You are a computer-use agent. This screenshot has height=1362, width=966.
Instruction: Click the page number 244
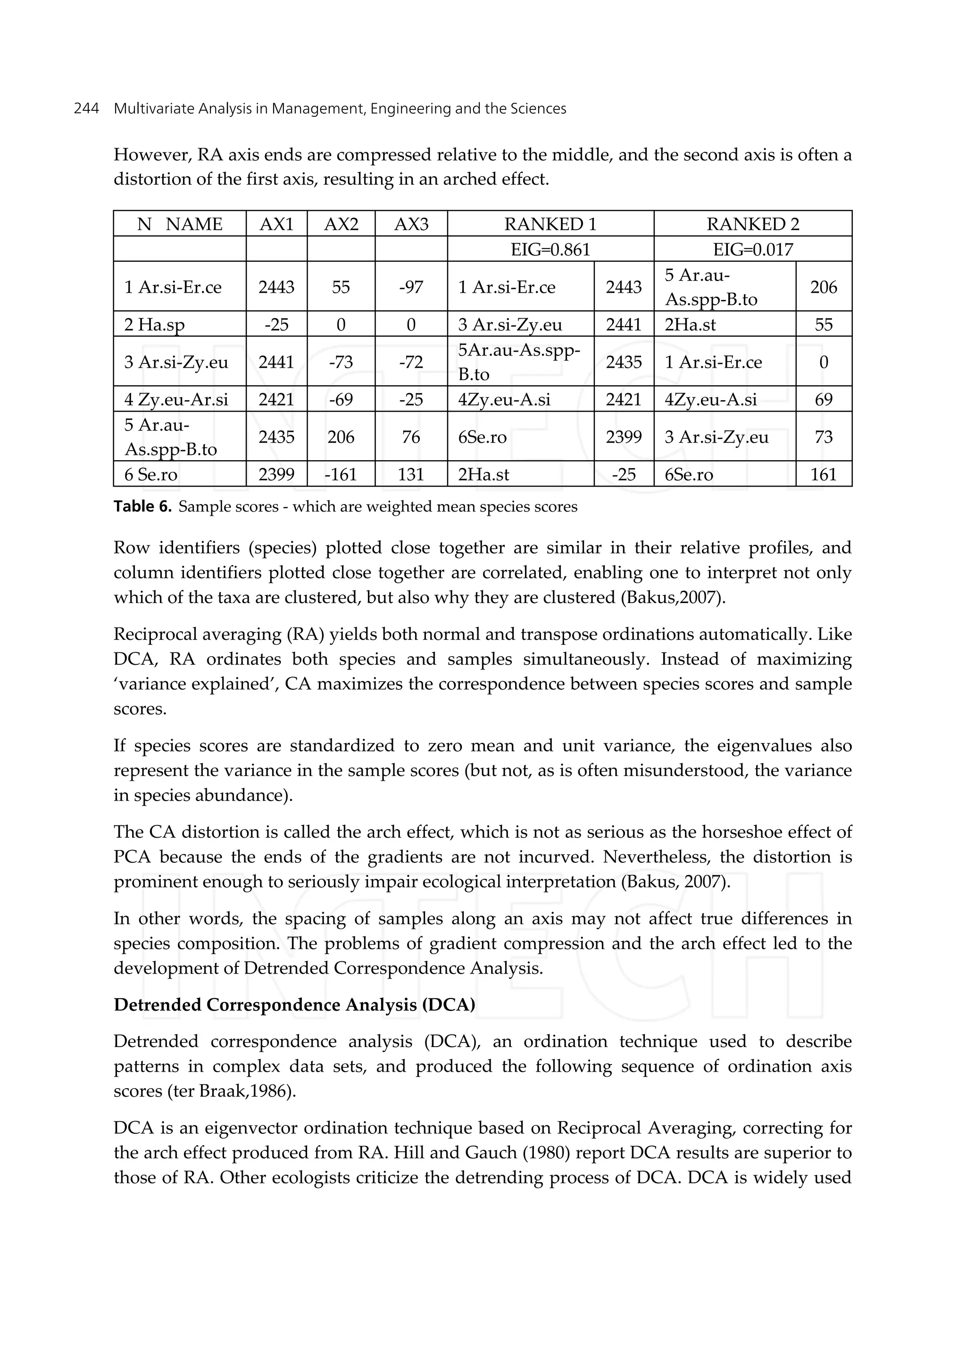pos(86,109)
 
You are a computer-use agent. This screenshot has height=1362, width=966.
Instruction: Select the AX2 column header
pos(341,224)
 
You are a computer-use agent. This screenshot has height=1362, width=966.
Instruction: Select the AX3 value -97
pos(410,287)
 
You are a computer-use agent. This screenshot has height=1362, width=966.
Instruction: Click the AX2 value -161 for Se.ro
pos(341,474)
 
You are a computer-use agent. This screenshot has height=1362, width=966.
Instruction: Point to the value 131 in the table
pos(410,474)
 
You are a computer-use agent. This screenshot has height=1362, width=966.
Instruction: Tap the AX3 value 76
pos(410,437)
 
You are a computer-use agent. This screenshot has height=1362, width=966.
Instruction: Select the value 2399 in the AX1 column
pos(276,474)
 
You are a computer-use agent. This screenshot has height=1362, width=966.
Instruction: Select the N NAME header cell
pos(180,224)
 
